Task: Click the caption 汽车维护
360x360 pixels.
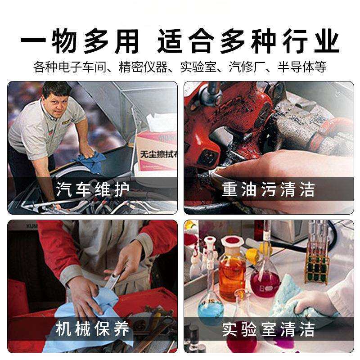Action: pos(93,189)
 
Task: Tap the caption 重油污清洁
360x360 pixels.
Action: pos(268,189)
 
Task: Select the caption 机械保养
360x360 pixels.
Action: pos(93,329)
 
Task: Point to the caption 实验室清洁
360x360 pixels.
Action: pos(268,329)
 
